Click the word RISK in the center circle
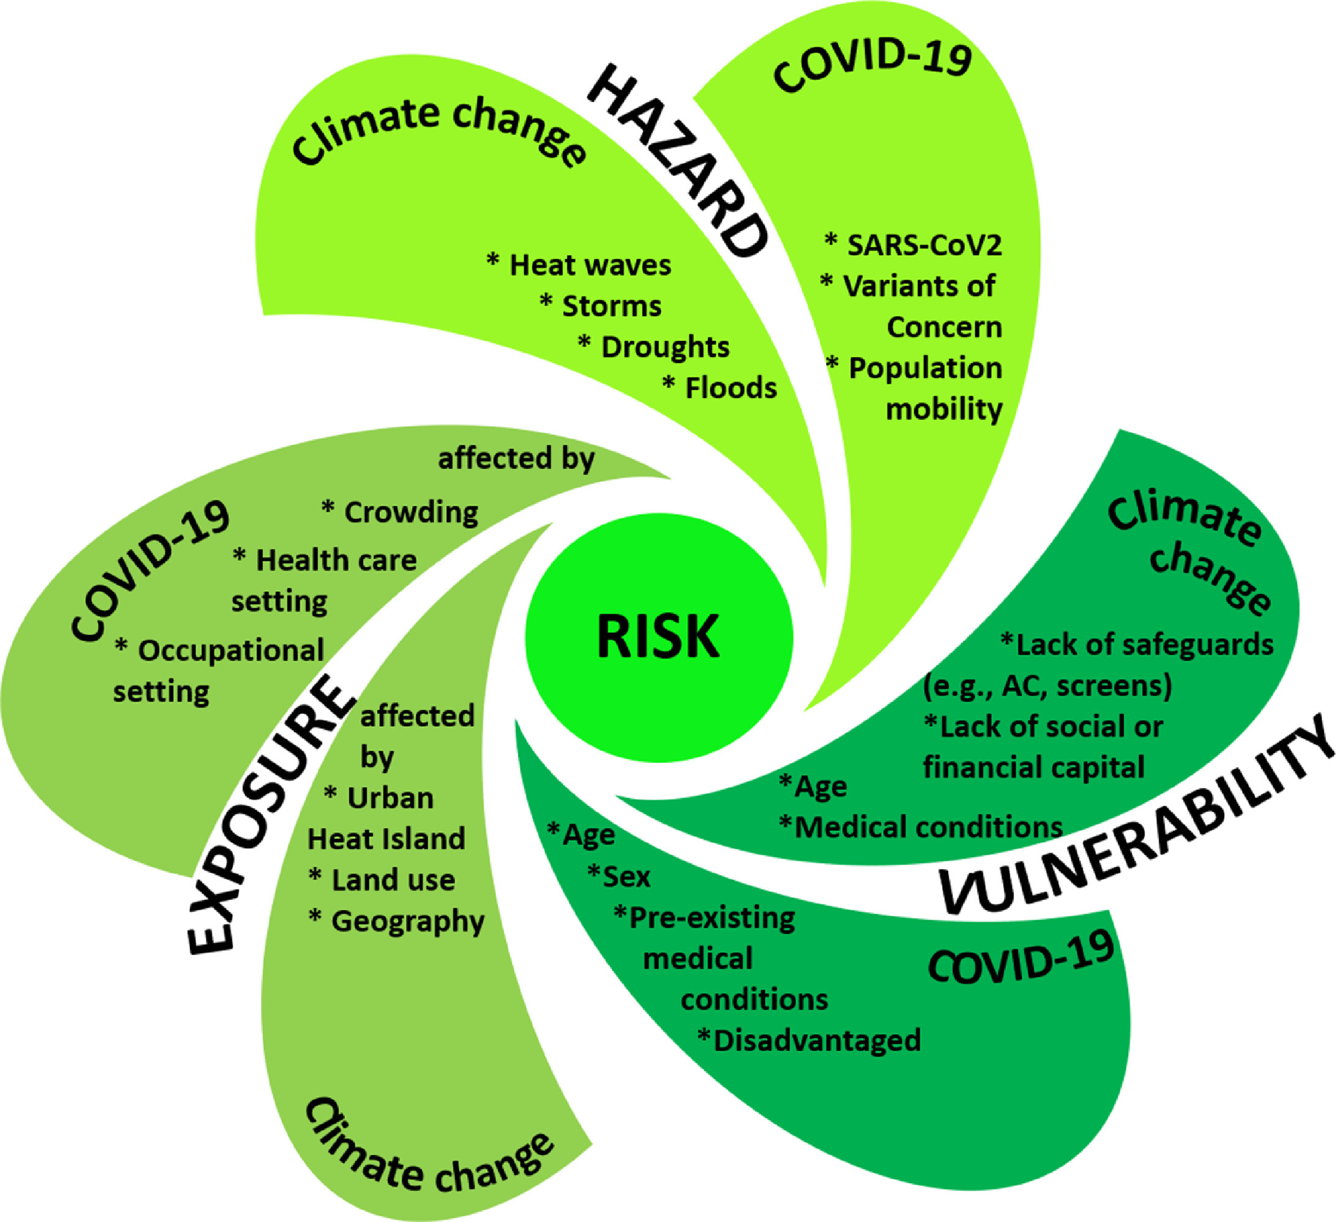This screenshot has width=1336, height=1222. [658, 636]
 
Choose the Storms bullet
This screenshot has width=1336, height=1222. [600, 305]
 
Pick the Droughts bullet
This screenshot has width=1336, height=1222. [654, 347]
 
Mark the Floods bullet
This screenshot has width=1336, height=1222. [720, 388]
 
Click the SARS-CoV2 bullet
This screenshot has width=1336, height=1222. [912, 245]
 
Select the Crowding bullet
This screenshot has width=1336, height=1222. [400, 513]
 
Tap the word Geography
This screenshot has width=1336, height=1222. [408, 922]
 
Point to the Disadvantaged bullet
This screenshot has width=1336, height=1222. [809, 1040]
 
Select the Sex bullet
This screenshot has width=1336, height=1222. [618, 877]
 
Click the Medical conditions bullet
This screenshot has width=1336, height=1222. [921, 827]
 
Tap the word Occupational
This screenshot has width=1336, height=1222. [231, 650]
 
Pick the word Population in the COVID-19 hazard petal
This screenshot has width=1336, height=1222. [925, 369]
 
